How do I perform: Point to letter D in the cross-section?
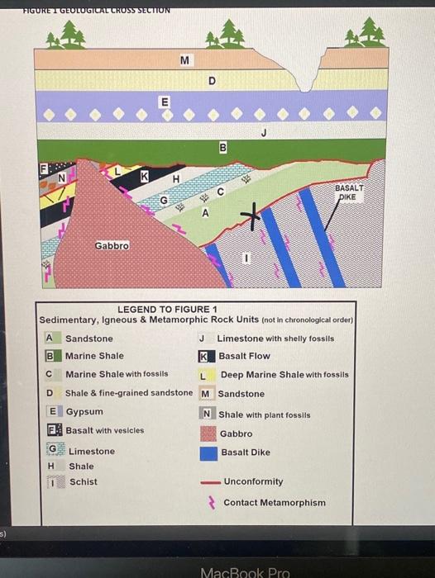212,81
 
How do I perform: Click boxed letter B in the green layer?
222,147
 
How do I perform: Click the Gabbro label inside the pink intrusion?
111,245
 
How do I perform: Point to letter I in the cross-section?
245,259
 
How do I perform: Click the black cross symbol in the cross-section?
246,217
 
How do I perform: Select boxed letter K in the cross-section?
144,175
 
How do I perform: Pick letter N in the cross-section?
60,175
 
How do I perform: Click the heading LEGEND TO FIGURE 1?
161,310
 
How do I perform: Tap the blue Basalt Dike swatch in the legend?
208,452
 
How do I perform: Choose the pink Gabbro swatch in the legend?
208,433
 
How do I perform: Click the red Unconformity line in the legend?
208,482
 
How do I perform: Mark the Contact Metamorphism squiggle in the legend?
211,502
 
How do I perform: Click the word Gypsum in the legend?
84,411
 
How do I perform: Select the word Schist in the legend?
83,482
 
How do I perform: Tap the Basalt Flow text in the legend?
244,357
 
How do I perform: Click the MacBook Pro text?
246,571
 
